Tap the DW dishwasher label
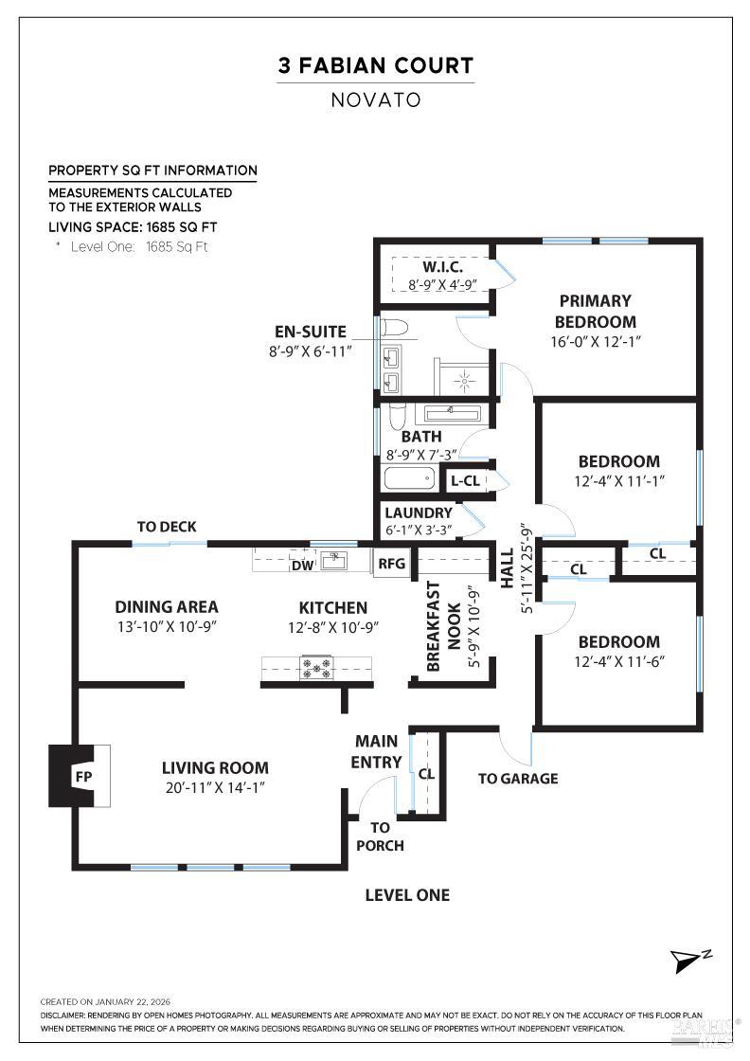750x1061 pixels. pos(303,566)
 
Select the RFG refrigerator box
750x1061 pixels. pos(391,564)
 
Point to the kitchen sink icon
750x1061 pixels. pos(333,561)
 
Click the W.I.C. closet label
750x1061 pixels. pos(436,267)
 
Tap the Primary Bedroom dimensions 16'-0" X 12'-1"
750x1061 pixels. pos(595,342)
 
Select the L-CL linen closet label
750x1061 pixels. pos(466,480)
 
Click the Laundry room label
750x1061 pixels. pos(419,513)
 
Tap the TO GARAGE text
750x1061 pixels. pos(517,779)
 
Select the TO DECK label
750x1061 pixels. pos(166,527)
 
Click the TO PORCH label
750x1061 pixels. pos(380,836)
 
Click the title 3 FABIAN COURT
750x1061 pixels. pos(375,66)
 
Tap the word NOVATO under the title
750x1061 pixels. pos(375,99)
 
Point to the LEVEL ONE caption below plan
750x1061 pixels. pos(407,894)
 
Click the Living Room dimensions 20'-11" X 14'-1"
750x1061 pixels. pos(215,786)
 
